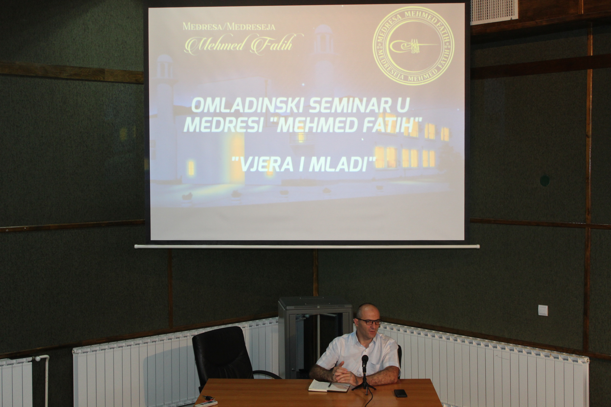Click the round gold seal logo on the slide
pos(413,46)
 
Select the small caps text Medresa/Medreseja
pos(229,26)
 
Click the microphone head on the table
pos(365,361)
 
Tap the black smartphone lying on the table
pos(400,393)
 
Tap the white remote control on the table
pos(206,404)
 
